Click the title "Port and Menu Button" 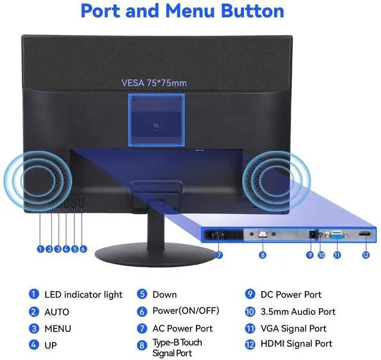[x=182, y=11]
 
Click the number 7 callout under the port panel [x=219, y=255]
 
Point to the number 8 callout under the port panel [x=263, y=255]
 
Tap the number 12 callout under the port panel [x=365, y=255]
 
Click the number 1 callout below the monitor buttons [x=40, y=249]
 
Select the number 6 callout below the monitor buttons [x=83, y=249]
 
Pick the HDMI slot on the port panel [x=364, y=235]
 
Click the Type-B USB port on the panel [x=263, y=234]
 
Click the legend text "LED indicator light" [x=83, y=295]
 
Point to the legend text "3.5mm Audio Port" [x=298, y=311]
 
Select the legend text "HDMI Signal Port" [x=296, y=344]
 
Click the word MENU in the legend [x=58, y=328]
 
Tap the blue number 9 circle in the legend [x=250, y=295]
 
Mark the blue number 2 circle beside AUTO [x=34, y=312]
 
